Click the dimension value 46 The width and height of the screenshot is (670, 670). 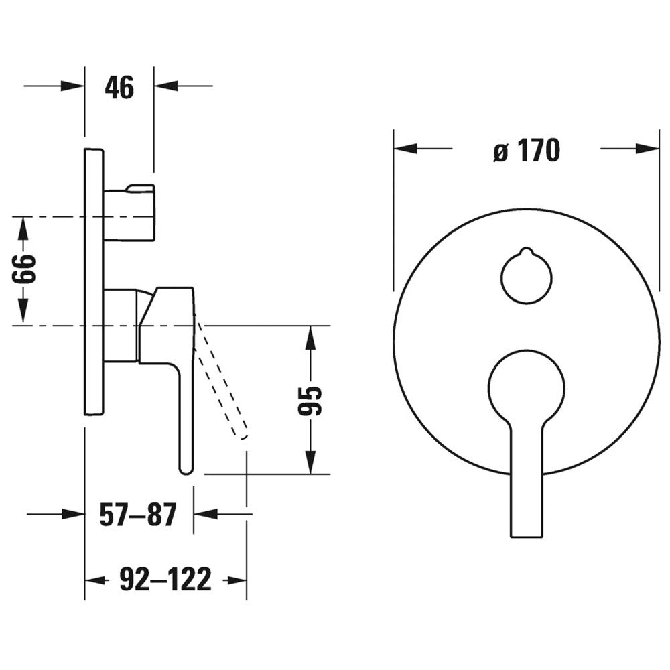coord(119,88)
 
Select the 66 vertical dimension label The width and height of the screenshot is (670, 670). coord(23,269)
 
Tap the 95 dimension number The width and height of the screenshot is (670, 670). coord(310,401)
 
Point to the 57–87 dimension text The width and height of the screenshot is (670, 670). coord(137,515)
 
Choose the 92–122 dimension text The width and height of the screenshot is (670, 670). coord(165,579)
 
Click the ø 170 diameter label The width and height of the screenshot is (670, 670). coord(527,150)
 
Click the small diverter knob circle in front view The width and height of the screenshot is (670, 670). coord(527,276)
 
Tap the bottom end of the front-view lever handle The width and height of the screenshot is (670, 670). coord(527,536)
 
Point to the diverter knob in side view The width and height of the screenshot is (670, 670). coord(129,213)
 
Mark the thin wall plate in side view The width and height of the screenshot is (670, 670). coord(94,282)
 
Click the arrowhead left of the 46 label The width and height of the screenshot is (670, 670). coord(72,86)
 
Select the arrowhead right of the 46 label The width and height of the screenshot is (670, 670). coord(166,86)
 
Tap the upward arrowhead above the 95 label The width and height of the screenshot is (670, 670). coord(311,338)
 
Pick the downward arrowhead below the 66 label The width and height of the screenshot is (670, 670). coord(23,310)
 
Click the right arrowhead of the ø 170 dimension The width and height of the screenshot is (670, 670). coord(647,149)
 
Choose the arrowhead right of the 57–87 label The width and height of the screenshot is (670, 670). coord(206,513)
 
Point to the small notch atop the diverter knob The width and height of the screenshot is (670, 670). coord(527,250)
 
